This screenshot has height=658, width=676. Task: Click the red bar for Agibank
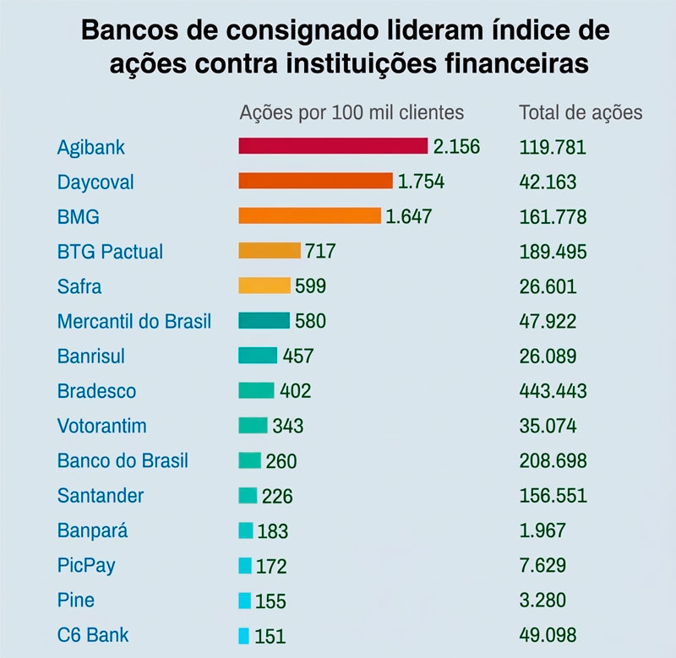[333, 146]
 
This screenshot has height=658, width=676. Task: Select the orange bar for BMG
[309, 216]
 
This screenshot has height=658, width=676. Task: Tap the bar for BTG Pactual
[270, 251]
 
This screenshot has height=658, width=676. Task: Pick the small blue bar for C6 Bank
[244, 635]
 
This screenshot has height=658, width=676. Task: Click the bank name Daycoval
[95, 182]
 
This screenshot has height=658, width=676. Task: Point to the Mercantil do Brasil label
[134, 321]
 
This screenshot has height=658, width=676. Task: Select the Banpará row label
[93, 530]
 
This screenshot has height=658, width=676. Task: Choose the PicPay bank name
[87, 565]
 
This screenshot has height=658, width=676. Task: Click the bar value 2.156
[456, 147]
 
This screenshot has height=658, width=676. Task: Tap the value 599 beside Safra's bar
[310, 286]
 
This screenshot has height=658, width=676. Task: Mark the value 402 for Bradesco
[295, 391]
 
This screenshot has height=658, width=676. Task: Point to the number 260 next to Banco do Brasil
[281, 461]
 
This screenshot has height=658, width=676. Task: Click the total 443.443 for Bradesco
[553, 391]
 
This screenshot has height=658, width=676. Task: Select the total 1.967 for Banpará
[542, 530]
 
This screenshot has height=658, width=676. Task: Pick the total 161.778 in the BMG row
[553, 216]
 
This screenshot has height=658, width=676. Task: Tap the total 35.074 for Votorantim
[548, 426]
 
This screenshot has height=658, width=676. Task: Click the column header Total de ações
[581, 112]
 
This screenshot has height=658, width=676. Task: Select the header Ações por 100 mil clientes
[352, 112]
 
